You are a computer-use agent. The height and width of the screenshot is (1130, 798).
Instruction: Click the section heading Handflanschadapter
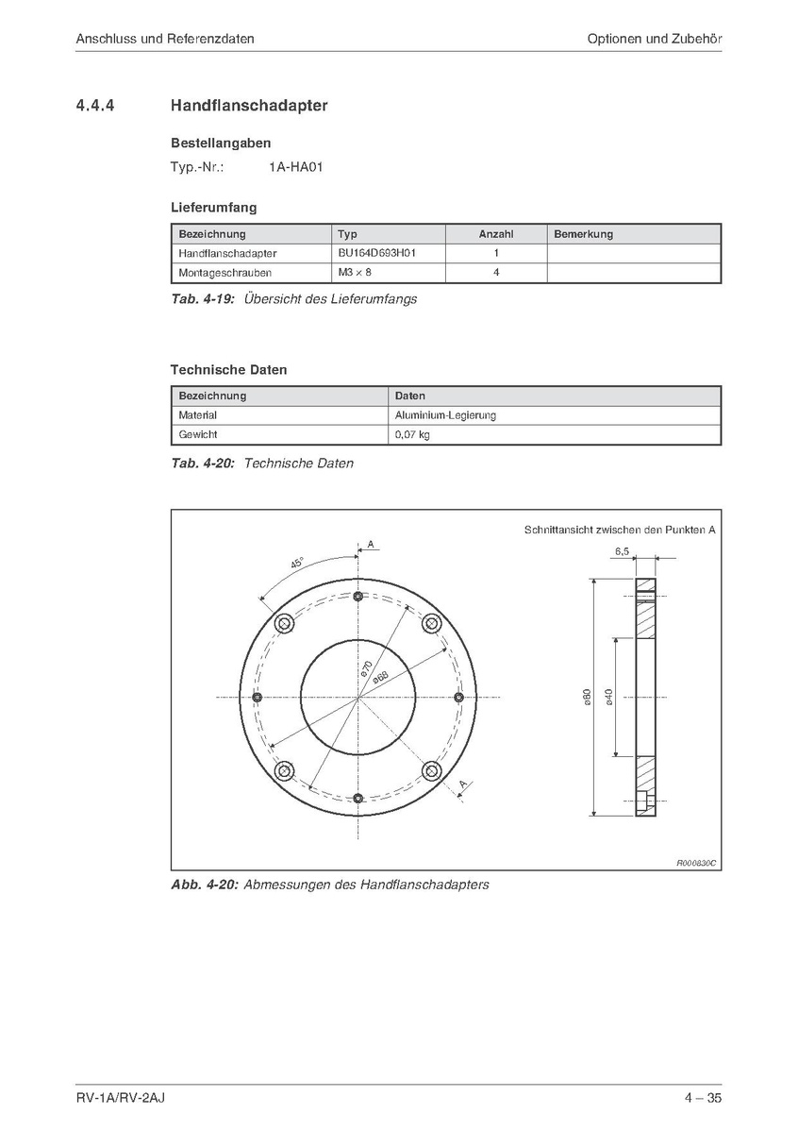pyautogui.click(x=249, y=106)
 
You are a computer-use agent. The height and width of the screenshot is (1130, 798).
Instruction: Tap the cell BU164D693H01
pyautogui.click(x=376, y=253)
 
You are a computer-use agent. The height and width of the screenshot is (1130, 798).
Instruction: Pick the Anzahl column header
pyautogui.click(x=495, y=234)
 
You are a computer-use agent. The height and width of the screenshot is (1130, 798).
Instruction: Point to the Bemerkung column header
pyautogui.click(x=583, y=234)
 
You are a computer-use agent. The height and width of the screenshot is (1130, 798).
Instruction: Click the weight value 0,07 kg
pyautogui.click(x=412, y=435)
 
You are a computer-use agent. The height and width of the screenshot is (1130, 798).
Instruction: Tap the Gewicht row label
pyautogui.click(x=198, y=435)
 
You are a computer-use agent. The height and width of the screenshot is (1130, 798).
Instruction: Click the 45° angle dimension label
pyautogui.click(x=296, y=565)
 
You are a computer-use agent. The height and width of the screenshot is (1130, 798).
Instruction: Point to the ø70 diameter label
pyautogui.click(x=366, y=667)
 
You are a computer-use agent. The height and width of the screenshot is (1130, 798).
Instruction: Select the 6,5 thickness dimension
pyautogui.click(x=622, y=549)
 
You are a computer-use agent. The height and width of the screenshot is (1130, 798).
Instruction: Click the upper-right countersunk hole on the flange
pyautogui.click(x=432, y=624)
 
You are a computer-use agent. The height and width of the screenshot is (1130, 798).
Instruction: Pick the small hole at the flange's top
pyautogui.click(x=358, y=597)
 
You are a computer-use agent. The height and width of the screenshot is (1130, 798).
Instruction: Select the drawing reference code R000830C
pyautogui.click(x=696, y=862)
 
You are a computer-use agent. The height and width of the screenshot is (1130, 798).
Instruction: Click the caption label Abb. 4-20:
pyautogui.click(x=204, y=885)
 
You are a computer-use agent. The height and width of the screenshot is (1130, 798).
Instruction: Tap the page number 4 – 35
pyautogui.click(x=704, y=1098)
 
